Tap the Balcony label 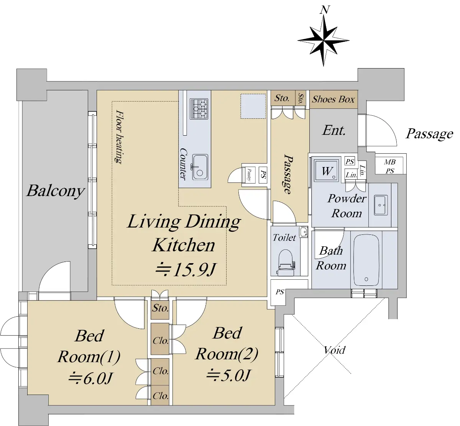click(56, 191)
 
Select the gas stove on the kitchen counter click(199, 109)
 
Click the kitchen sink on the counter click(200, 167)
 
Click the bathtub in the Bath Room click(366, 260)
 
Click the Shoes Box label click(333, 99)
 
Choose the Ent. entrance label click(334, 130)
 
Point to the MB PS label click(390, 166)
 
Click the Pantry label click(249, 175)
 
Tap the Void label click(335, 350)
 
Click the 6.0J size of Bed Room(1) click(90, 378)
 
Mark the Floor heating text click(120, 137)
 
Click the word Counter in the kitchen click(184, 164)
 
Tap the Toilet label click(284, 238)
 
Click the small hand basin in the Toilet click(304, 232)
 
